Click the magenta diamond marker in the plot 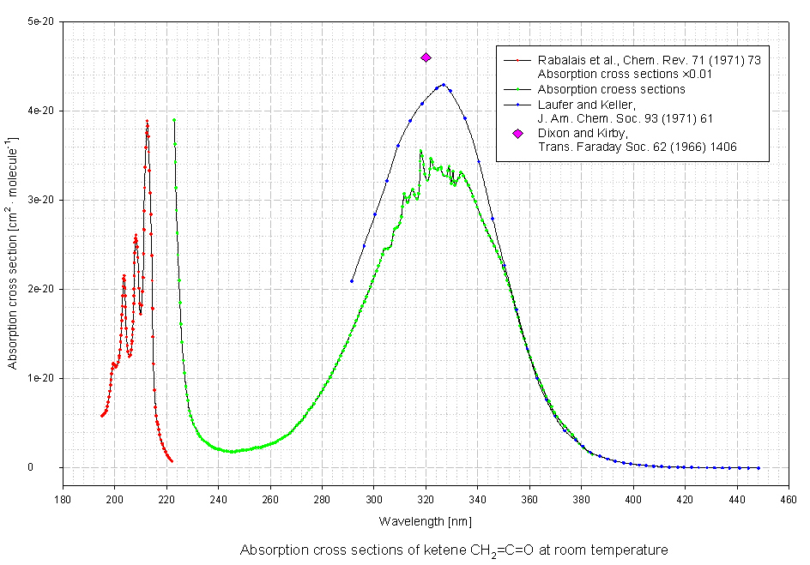click(426, 57)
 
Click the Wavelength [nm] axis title click(425, 521)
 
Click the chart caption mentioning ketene click(454, 550)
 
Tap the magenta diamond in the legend click(517, 134)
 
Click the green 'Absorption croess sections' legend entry click(611, 89)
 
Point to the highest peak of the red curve click(148, 121)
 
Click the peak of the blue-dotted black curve click(444, 84)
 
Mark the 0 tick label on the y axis click(52, 467)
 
